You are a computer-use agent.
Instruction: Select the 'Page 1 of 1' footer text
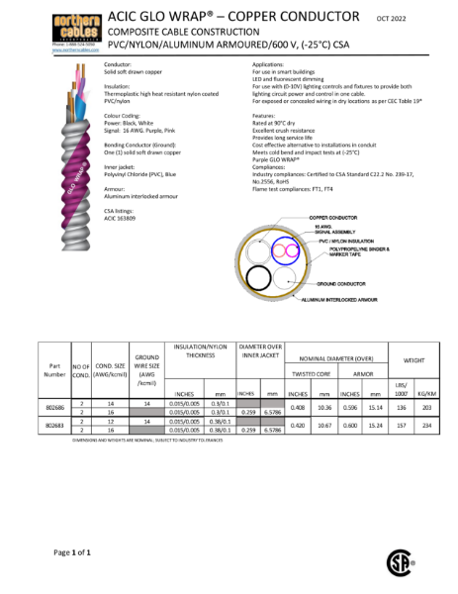point(73,550)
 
